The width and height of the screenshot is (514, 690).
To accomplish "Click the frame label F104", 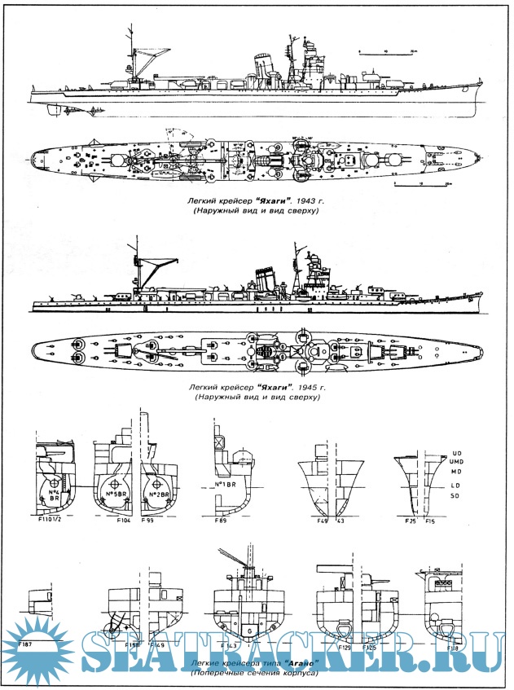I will (x=124, y=519).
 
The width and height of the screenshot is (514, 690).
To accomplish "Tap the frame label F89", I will (x=220, y=519).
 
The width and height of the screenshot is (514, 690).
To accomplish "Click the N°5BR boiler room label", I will (x=114, y=495).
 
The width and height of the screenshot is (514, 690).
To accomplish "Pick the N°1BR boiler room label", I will (x=225, y=486).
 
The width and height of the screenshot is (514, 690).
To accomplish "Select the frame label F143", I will (x=231, y=645).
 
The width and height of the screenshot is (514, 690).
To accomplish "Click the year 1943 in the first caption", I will (x=298, y=196).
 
